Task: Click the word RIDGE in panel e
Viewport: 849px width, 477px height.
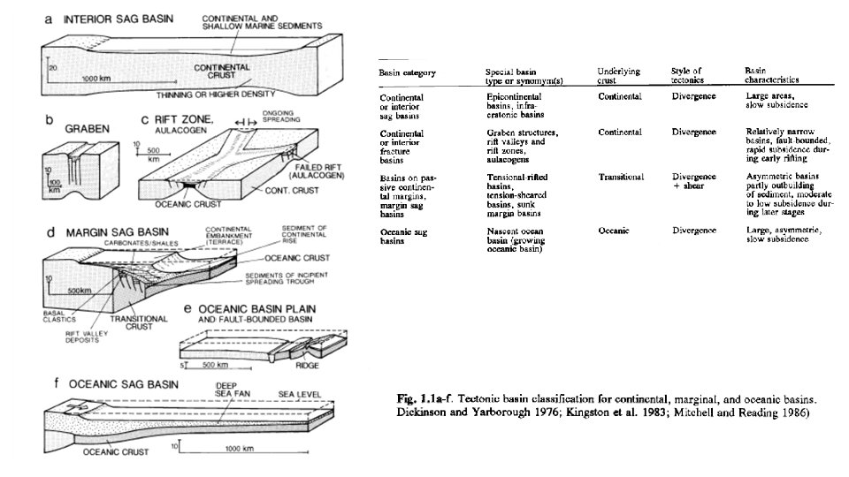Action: (307, 365)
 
